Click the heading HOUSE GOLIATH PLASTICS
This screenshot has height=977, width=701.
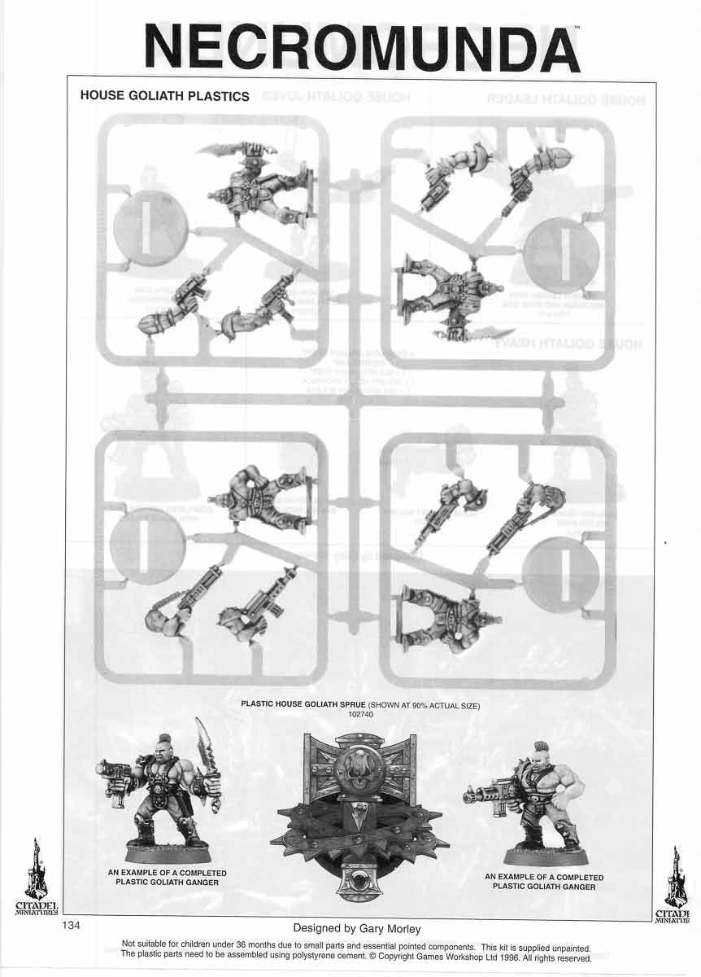coord(164,96)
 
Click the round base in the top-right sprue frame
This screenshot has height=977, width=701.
coord(561,249)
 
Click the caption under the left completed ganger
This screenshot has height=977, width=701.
coord(167,878)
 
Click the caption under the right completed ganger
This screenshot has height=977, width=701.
coord(544,881)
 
